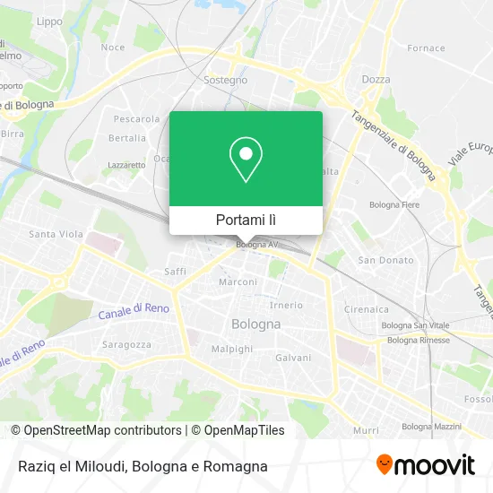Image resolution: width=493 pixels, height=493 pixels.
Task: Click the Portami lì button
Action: (246, 220)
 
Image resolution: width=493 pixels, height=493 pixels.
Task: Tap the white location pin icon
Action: (246, 160)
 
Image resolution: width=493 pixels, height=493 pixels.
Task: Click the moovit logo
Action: (426, 465)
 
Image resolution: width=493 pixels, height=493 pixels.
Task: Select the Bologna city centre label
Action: (256, 324)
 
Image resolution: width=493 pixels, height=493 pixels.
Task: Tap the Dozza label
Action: (376, 80)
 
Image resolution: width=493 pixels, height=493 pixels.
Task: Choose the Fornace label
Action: (426, 48)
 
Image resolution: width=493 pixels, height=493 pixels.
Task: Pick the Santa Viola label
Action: (56, 235)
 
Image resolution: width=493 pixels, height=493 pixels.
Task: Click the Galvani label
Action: (293, 357)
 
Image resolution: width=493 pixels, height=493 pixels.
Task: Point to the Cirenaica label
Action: (366, 309)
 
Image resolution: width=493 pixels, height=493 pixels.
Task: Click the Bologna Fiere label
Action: (395, 205)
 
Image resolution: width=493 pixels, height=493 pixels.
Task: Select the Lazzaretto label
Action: (126, 165)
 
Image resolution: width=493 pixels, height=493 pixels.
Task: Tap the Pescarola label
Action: (136, 118)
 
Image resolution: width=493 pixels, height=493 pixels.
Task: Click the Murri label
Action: (365, 430)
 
